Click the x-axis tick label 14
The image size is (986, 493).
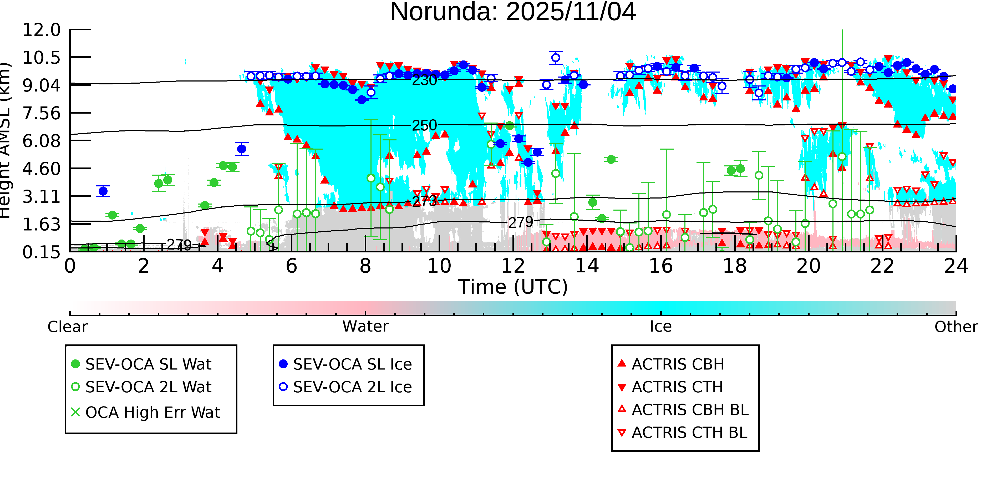click(x=587, y=266)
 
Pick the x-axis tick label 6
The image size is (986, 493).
click(x=291, y=266)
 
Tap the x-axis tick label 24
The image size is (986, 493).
click(x=956, y=266)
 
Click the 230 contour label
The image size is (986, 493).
click(x=424, y=80)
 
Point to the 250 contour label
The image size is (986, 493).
click(x=424, y=125)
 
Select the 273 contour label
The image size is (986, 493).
click(x=424, y=201)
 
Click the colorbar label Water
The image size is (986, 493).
click(x=365, y=327)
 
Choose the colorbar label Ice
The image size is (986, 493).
click(x=661, y=327)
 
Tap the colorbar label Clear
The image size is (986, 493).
click(x=67, y=327)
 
